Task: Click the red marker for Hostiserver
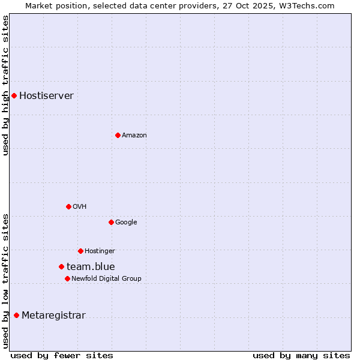click(x=14, y=95)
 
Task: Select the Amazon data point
click(x=118, y=135)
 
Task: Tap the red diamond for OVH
click(x=68, y=206)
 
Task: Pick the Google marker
click(x=111, y=222)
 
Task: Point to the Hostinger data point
click(x=80, y=251)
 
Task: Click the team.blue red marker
click(x=61, y=266)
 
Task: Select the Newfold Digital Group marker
click(x=67, y=278)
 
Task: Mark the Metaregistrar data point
click(x=16, y=316)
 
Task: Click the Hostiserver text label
click(x=46, y=96)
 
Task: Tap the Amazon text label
click(x=134, y=136)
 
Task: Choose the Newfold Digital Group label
click(x=106, y=278)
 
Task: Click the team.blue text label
click(x=91, y=267)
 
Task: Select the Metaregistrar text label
click(x=53, y=316)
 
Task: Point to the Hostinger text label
click(x=100, y=251)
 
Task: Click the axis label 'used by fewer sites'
click(x=62, y=356)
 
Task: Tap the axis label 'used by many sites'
click(x=301, y=356)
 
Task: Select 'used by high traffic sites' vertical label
click(x=6, y=85)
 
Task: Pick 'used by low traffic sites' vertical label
click(x=6, y=280)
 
